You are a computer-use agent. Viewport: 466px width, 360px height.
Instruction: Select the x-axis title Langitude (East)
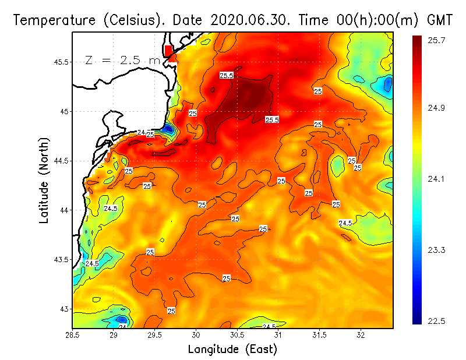coord(232,349)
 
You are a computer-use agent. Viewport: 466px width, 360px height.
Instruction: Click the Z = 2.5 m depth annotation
coord(122,60)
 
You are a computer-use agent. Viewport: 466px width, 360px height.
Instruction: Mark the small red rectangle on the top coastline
coord(168,50)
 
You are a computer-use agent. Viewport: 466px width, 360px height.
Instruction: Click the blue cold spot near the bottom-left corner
coord(121,319)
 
